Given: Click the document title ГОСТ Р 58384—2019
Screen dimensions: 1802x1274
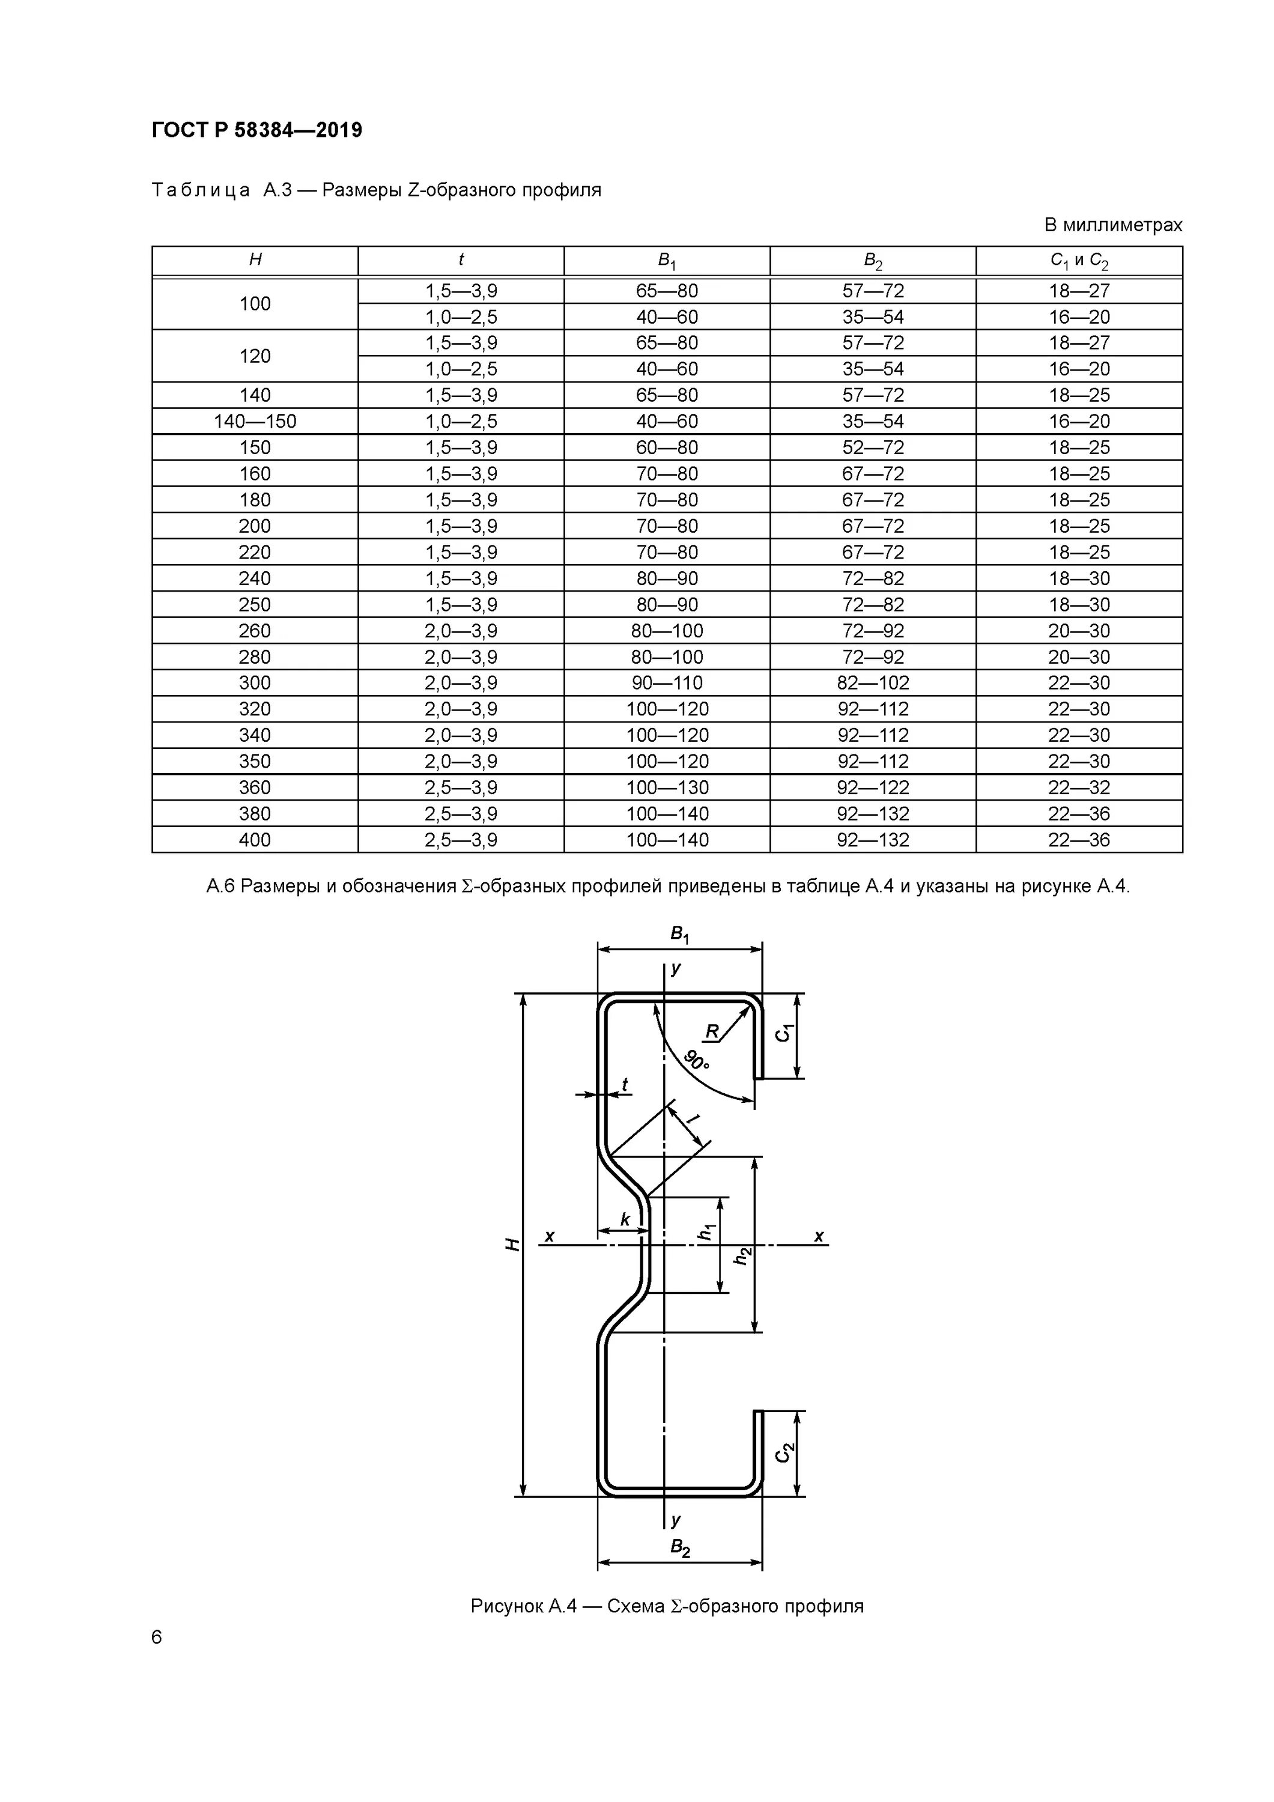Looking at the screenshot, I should (256, 130).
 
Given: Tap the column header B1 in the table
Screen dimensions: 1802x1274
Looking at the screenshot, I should (667, 261).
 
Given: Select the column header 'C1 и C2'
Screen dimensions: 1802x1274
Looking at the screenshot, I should (1079, 261).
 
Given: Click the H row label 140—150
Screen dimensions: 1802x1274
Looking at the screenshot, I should (255, 422).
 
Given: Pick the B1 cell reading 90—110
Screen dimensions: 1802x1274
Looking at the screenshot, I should (667, 683).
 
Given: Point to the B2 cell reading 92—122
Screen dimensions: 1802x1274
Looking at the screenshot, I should (873, 787).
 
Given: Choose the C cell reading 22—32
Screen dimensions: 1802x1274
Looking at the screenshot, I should (1079, 787).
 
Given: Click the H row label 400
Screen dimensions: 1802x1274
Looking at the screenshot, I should (255, 840).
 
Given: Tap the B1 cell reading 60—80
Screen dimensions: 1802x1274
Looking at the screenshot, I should (667, 447).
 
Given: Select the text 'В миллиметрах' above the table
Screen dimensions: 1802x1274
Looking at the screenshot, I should (1112, 225).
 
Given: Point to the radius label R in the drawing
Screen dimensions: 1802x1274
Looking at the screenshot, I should (712, 1032).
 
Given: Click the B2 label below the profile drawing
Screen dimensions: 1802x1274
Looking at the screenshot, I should (680, 1549).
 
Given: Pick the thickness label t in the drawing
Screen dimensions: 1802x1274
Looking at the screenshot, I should (625, 1085).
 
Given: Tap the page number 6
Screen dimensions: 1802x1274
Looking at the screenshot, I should (156, 1637).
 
